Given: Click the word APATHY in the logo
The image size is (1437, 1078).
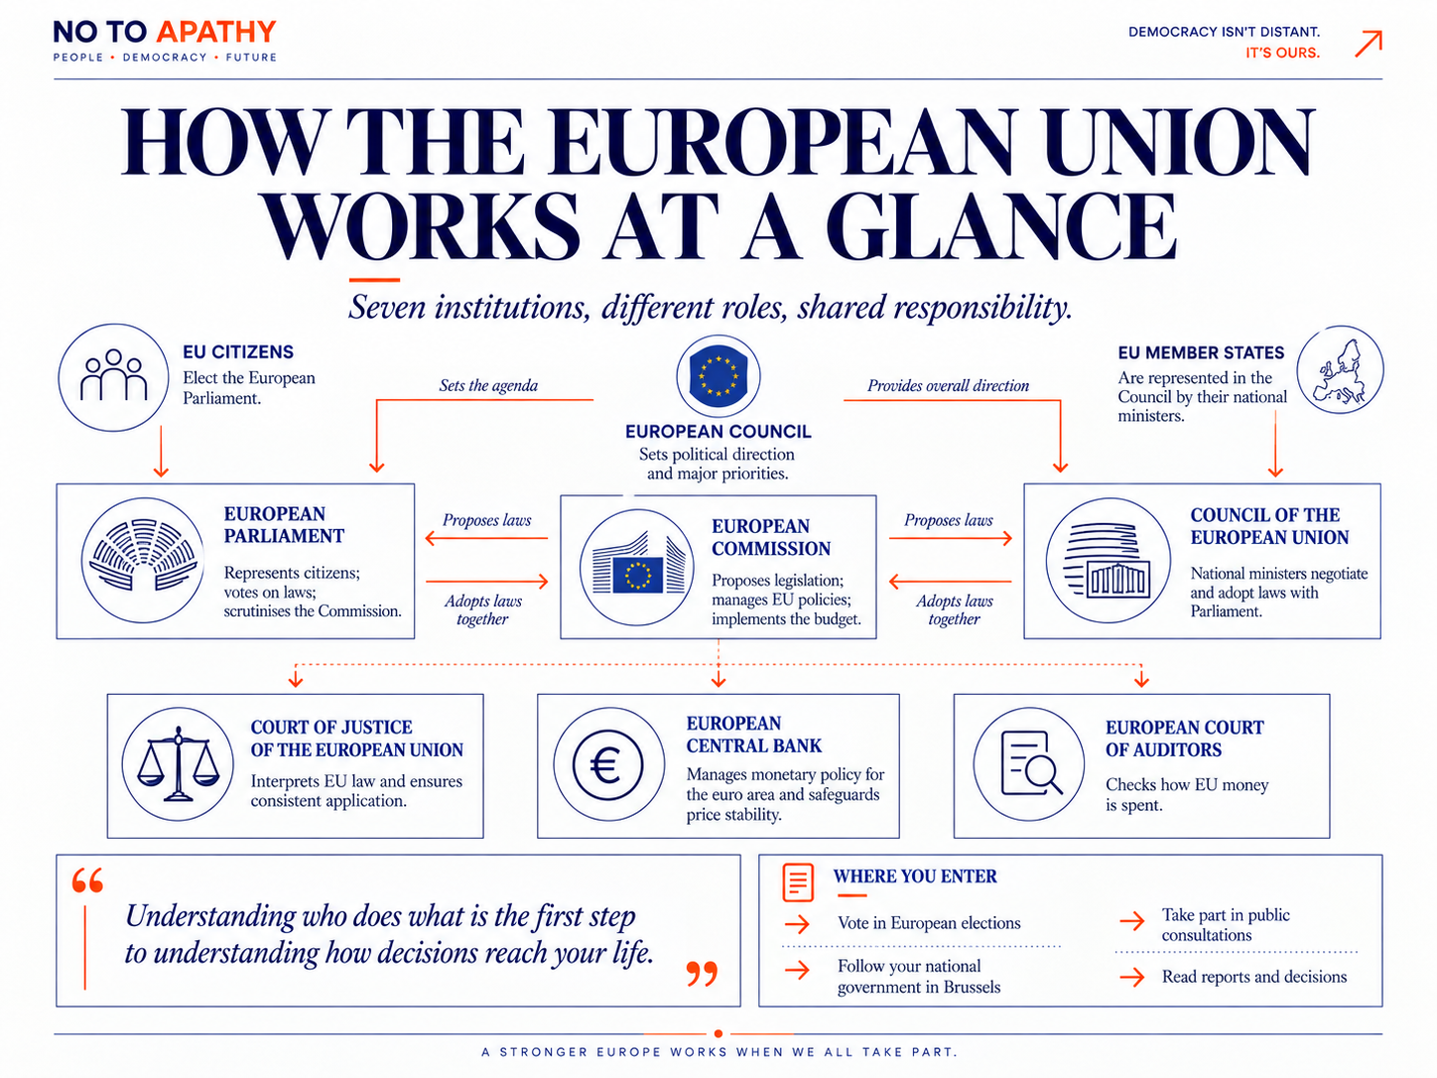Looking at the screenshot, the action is [216, 32].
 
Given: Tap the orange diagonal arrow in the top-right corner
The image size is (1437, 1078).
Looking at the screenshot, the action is [1369, 44].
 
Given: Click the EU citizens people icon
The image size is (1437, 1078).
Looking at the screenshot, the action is [113, 377].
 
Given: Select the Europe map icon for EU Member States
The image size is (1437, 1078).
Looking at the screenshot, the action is [1340, 370].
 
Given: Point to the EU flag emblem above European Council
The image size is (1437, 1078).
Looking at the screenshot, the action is [718, 376].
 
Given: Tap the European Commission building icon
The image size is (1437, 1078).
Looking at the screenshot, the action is [637, 567].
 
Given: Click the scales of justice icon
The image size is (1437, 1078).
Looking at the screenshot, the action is [178, 763].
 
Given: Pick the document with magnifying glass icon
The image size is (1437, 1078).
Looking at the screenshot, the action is [1029, 763].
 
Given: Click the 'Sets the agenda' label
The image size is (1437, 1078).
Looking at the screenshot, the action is [488, 385].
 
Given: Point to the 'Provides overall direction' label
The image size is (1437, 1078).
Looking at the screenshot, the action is [948, 385].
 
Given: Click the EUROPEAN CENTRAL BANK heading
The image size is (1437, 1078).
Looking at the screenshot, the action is [753, 735].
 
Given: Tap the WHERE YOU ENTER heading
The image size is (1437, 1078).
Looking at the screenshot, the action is [915, 876].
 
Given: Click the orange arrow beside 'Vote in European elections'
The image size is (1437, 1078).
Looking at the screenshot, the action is [797, 924].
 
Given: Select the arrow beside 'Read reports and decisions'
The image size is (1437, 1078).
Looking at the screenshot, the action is [1132, 978].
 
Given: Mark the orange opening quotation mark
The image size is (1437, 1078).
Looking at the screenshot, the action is [87, 880].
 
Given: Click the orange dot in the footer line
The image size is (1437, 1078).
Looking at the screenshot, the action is [718, 1034].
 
